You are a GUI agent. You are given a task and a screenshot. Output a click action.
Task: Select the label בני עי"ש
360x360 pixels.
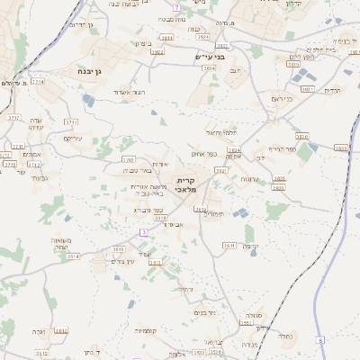(210, 58)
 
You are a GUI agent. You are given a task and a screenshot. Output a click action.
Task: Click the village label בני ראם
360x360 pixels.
(282, 98)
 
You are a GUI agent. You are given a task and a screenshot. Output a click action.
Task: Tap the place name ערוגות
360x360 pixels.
(249, 179)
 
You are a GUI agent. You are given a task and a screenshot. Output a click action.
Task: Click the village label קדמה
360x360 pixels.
(249, 246)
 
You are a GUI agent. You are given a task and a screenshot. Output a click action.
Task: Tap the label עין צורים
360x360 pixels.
(121, 261)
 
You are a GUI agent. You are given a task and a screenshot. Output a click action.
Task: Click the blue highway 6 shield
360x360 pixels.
(320, 339)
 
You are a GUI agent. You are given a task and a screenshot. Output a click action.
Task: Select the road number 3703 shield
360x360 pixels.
(128, 159)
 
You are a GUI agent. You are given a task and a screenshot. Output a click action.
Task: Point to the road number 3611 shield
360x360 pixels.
(229, 245)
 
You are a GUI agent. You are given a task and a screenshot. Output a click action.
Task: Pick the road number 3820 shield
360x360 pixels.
(301, 137)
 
